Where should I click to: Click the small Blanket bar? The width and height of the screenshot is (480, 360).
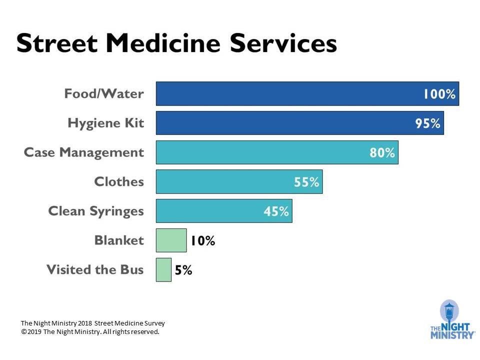[171, 240]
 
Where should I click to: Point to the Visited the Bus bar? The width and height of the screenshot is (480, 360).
[163, 270]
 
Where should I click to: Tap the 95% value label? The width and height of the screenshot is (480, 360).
[427, 123]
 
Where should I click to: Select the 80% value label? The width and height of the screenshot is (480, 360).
[382, 153]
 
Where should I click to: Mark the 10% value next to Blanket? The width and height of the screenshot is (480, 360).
[202, 241]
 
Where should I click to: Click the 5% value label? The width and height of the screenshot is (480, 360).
[183, 270]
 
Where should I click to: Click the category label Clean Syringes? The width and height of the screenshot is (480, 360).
[96, 211]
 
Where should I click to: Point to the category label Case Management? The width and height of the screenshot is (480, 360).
[84, 152]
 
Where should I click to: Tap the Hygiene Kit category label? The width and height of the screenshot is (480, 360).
[106, 123]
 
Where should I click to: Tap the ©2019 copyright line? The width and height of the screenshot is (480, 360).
[90, 331]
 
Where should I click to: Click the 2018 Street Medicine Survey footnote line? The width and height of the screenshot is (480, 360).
[92, 323]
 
